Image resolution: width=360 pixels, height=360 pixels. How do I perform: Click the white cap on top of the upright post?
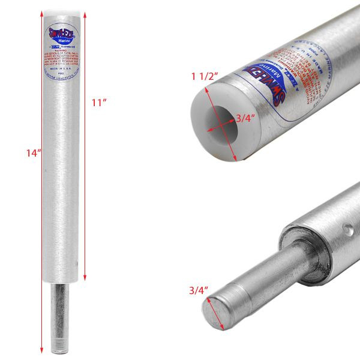tap(61, 11)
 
